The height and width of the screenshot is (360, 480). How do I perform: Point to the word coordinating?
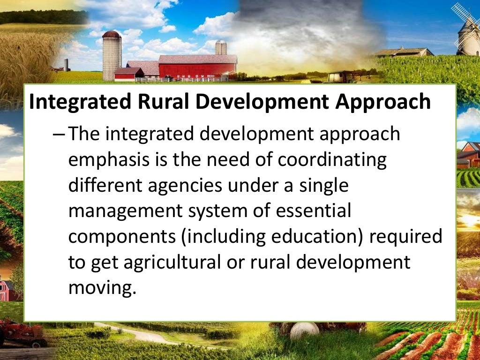tap(332, 159)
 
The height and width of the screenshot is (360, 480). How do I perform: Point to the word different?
tap(105, 186)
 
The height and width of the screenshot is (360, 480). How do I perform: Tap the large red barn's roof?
tap(197, 59)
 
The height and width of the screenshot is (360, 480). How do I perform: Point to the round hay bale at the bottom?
tap(304, 331)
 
